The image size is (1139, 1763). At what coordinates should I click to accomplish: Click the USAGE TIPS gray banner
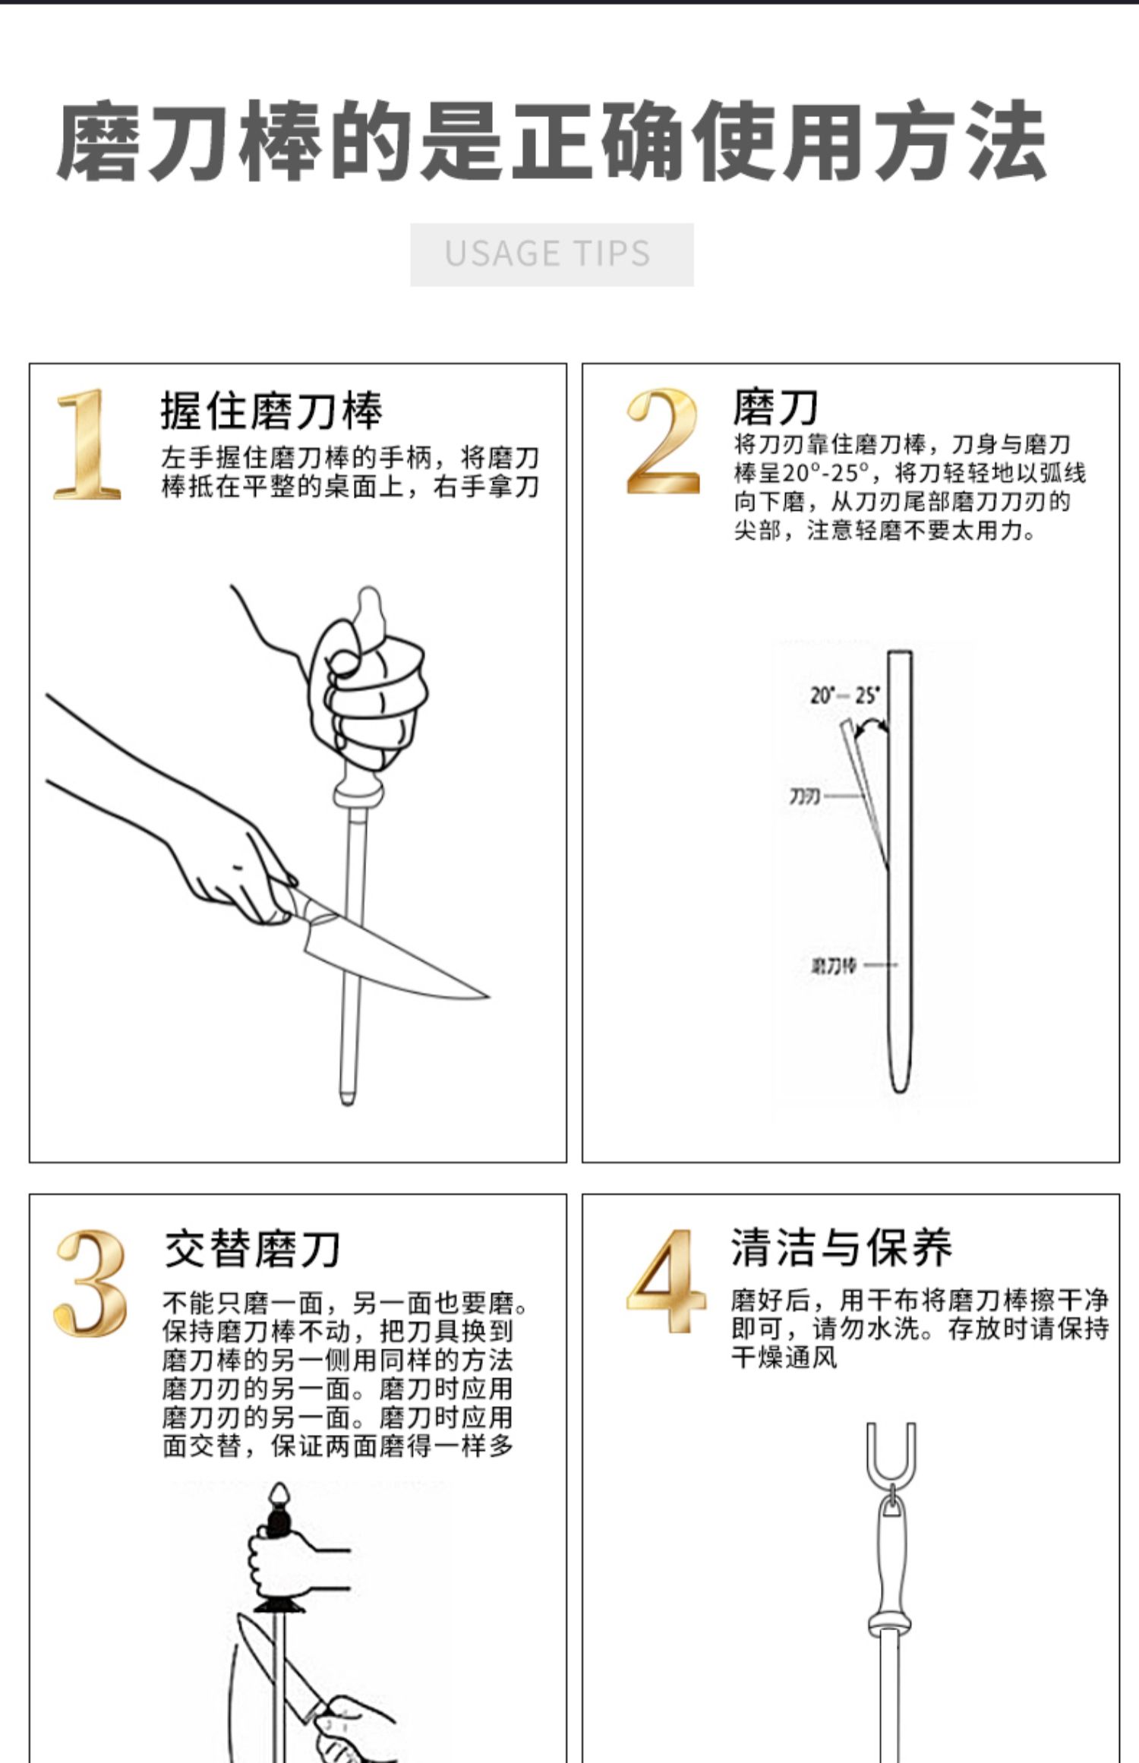click(x=552, y=254)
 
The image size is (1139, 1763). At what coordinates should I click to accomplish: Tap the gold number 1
click(x=87, y=444)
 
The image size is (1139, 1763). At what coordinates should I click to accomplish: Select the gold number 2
click(x=662, y=441)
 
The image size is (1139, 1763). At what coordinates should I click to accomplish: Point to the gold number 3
click(x=90, y=1282)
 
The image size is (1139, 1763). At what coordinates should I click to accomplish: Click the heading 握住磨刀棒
click(x=271, y=411)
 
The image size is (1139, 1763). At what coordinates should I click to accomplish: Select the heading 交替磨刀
click(x=252, y=1249)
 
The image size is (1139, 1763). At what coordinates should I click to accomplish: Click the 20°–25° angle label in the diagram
click(x=844, y=695)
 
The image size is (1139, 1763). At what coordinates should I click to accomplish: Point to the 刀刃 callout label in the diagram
click(x=803, y=796)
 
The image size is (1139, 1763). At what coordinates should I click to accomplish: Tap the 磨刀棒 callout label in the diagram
click(x=834, y=965)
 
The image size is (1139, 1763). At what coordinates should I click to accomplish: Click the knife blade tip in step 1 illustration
click(x=489, y=996)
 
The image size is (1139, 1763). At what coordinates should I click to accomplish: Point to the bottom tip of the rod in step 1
click(x=347, y=1102)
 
